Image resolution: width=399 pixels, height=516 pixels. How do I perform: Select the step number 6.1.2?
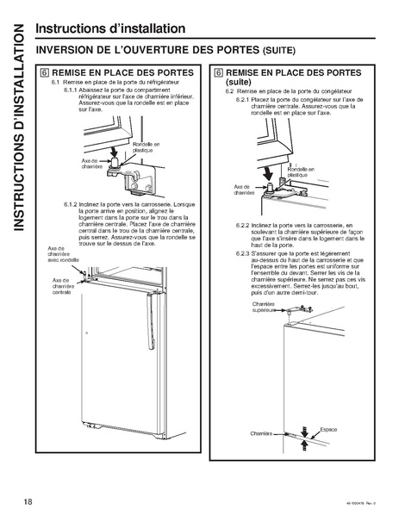pyautogui.click(x=74, y=204)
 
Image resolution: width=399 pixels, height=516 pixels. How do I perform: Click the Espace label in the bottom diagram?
pyautogui.click(x=327, y=428)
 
